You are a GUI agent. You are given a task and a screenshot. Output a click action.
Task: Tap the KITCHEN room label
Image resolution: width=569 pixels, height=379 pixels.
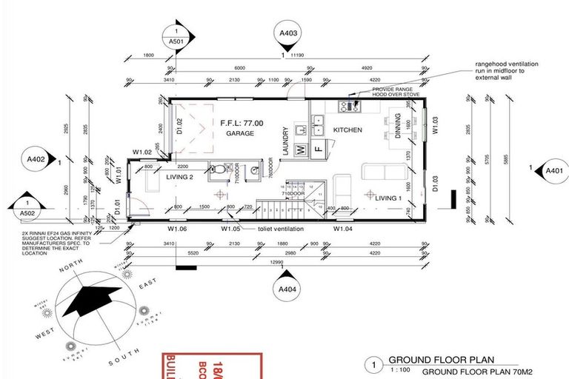(347, 130)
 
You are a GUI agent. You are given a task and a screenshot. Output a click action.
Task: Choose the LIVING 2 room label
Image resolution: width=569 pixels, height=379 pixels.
(180, 178)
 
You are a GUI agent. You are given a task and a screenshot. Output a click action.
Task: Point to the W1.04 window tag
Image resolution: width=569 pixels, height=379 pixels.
(342, 229)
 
